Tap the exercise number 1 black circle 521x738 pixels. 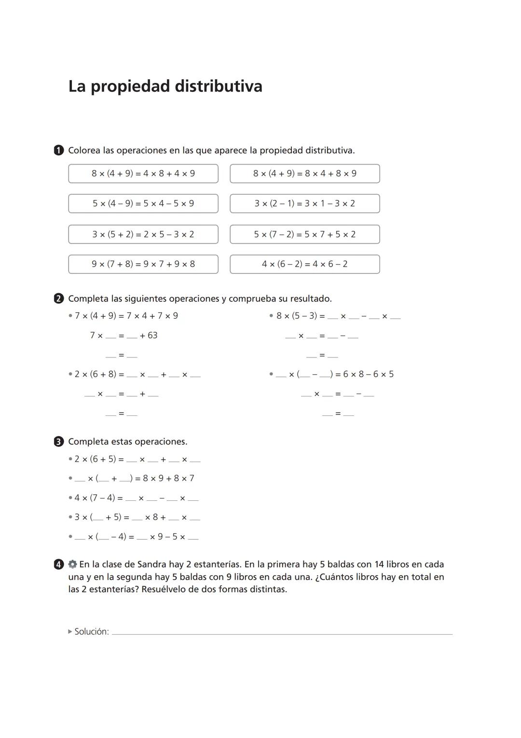[59, 150]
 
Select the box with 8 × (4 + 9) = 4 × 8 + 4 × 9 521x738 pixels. [143, 173]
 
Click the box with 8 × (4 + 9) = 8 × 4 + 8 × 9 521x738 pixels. [304, 173]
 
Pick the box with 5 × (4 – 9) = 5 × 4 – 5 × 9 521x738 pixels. [143, 203]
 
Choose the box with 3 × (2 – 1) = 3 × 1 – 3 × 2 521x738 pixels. [304, 203]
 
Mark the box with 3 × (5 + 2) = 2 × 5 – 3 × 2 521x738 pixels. [143, 234]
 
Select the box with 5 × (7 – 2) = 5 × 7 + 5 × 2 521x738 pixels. [304, 234]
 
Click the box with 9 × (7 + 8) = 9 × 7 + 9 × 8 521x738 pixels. [143, 264]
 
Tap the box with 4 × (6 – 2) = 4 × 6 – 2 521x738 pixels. [304, 264]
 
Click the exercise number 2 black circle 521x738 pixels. [59, 298]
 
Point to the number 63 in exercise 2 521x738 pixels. [152, 335]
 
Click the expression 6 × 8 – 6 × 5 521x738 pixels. [368, 374]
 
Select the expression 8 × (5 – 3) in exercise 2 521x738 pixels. [297, 316]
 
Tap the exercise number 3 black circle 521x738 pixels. [59, 441]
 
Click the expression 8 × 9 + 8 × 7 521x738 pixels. [168, 478]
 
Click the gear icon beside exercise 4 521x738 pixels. [72, 564]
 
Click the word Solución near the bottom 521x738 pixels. [92, 631]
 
